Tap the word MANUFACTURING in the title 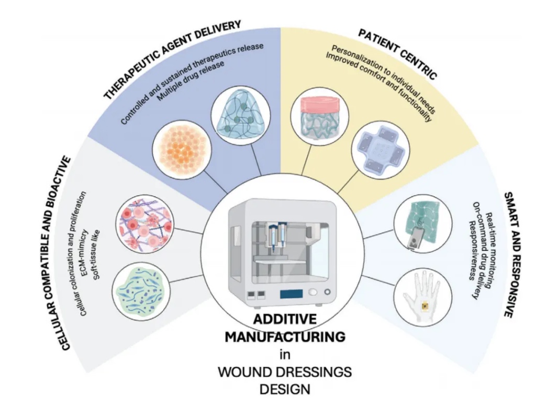click(285, 337)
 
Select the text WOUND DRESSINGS click(285, 372)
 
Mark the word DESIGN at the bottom click(285, 389)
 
